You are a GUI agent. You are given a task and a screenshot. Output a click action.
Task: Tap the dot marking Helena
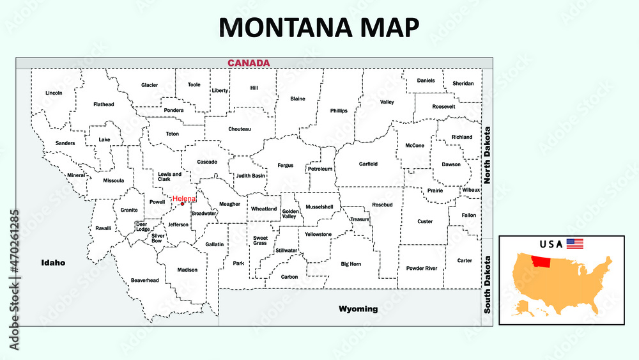(182, 205)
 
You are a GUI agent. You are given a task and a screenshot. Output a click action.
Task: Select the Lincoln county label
(54, 93)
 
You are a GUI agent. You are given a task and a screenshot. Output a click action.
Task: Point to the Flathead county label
(104, 104)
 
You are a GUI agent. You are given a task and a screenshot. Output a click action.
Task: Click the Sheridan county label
(463, 83)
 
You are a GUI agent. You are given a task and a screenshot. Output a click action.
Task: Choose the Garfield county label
(368, 164)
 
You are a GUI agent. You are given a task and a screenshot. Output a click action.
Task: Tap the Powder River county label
(422, 268)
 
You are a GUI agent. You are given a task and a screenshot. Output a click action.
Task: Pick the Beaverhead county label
(144, 280)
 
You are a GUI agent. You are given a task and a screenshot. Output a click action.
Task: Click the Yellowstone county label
(318, 234)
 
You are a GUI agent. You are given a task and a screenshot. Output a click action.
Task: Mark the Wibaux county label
(471, 190)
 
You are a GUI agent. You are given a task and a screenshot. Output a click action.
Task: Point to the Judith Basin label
(250, 175)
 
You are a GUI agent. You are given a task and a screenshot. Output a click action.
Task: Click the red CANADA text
(249, 63)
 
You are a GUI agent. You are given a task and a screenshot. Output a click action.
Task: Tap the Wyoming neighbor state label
(358, 309)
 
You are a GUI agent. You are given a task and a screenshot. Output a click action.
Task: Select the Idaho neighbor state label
(53, 262)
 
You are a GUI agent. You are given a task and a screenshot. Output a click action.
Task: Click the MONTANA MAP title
(319, 27)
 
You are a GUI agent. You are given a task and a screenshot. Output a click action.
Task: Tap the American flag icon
(575, 244)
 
